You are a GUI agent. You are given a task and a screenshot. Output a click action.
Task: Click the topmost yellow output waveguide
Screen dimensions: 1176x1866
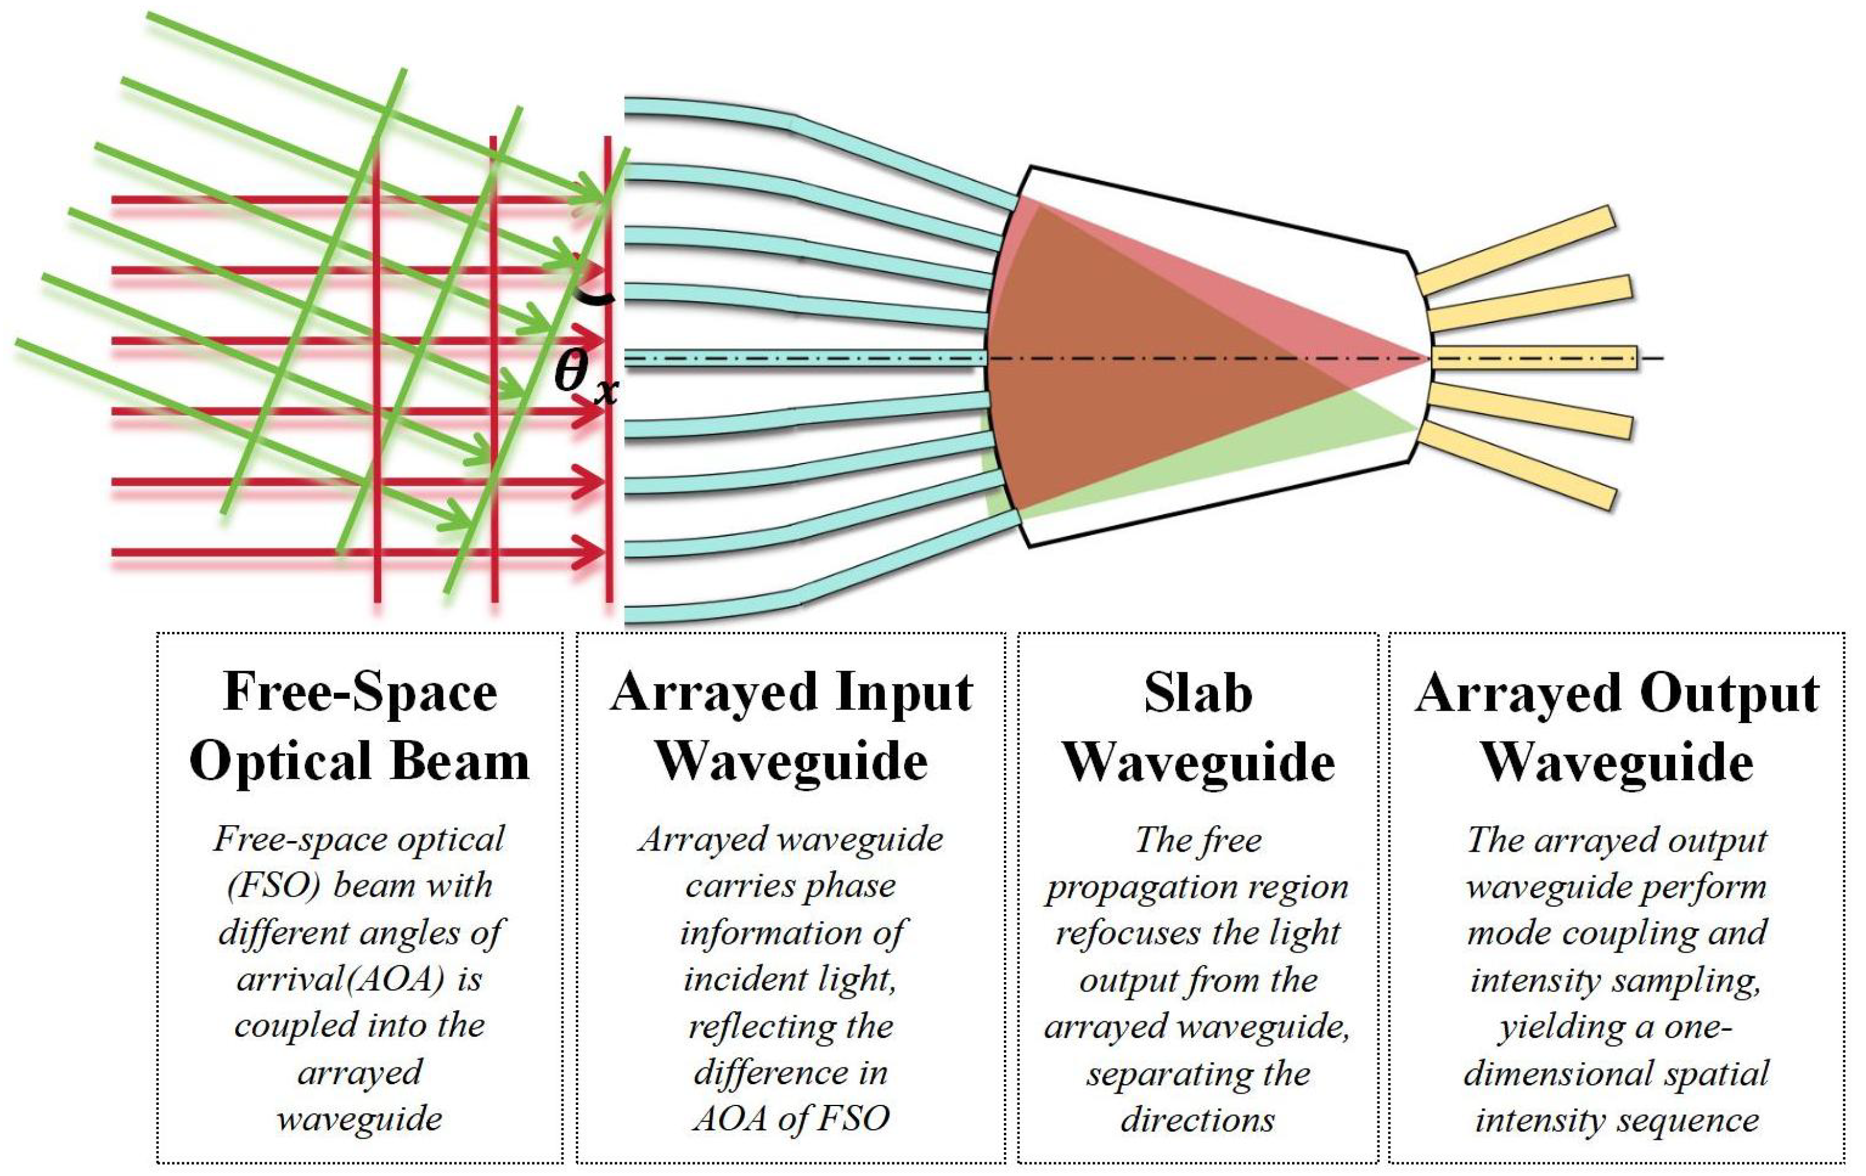tap(1519, 250)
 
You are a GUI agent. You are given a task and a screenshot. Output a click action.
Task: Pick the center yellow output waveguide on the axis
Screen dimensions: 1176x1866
tap(1535, 358)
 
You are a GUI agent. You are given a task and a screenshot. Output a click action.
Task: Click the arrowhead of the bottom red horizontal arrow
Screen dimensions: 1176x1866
tap(591, 552)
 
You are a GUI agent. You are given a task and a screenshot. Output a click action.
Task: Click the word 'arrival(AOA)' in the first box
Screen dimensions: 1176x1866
tap(341, 980)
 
